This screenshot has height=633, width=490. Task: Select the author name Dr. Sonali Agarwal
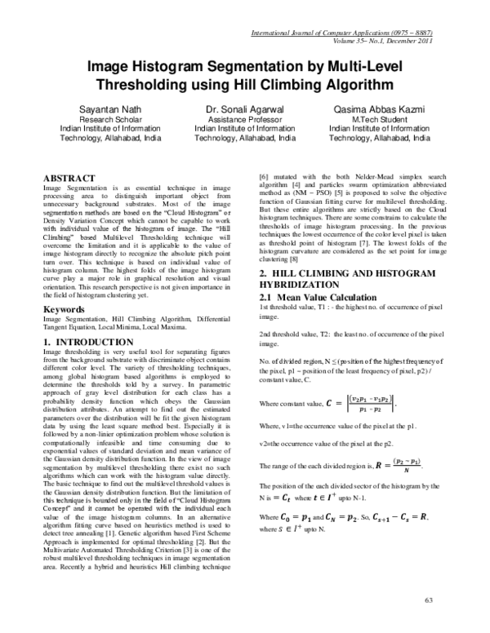(x=244, y=108)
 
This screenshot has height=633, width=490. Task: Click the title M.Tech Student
(x=379, y=118)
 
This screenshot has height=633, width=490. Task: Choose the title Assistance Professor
(x=244, y=118)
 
